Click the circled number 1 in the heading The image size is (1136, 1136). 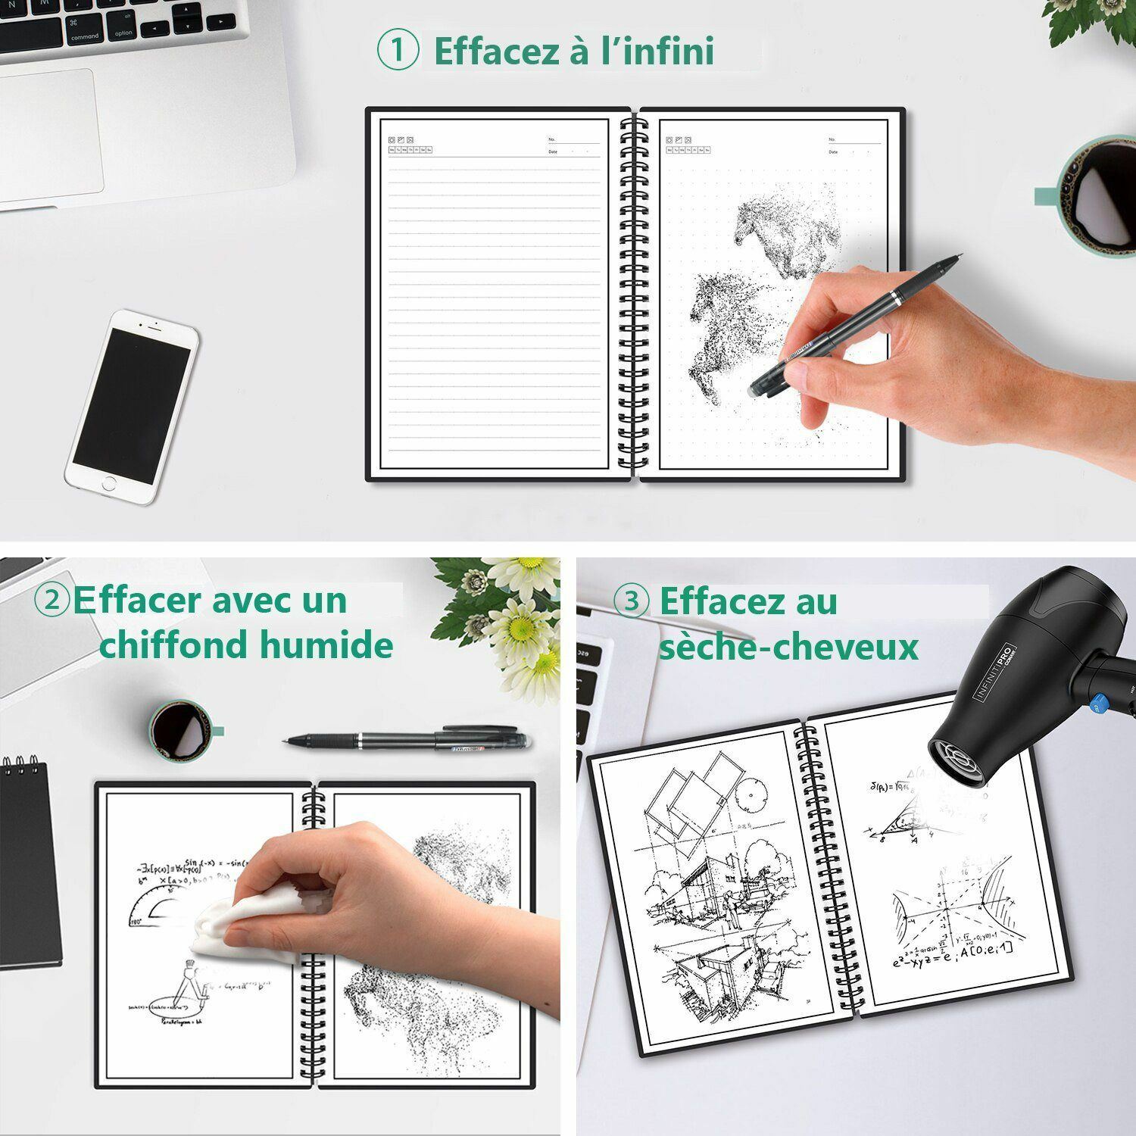(398, 51)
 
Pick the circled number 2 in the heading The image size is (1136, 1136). (52, 600)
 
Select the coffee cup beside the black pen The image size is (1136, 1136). (179, 731)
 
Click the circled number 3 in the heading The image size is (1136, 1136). (631, 601)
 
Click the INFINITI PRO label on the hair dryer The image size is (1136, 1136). (994, 671)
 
